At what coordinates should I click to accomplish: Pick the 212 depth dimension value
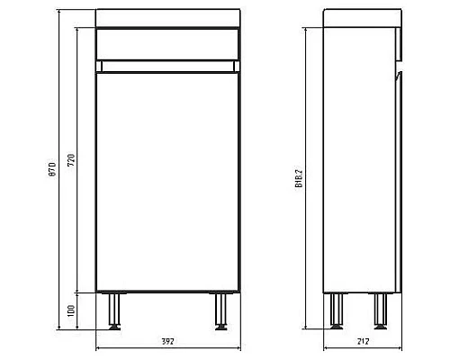point(363,342)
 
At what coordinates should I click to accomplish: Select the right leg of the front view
point(220,310)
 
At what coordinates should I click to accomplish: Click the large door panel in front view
point(168,180)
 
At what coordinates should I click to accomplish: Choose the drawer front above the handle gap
point(168,43)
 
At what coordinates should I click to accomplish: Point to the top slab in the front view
point(168,17)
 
